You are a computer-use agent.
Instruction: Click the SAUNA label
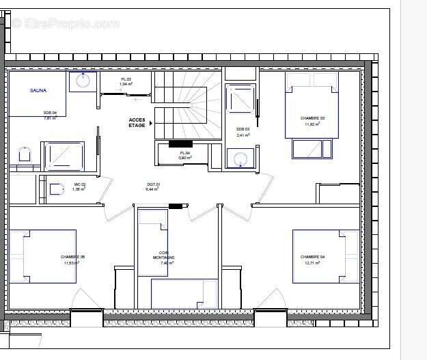38,89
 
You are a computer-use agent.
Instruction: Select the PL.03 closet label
126,80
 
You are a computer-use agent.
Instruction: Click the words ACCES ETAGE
137,123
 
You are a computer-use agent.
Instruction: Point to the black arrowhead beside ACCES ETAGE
151,123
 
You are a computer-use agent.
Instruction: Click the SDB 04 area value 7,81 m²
50,118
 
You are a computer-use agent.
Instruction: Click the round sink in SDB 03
240,159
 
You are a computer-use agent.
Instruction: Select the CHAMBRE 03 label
312,118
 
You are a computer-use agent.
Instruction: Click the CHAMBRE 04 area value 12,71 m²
312,262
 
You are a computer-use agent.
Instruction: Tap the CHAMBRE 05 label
72,257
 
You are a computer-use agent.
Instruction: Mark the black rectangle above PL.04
180,143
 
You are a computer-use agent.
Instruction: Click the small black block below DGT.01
177,206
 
